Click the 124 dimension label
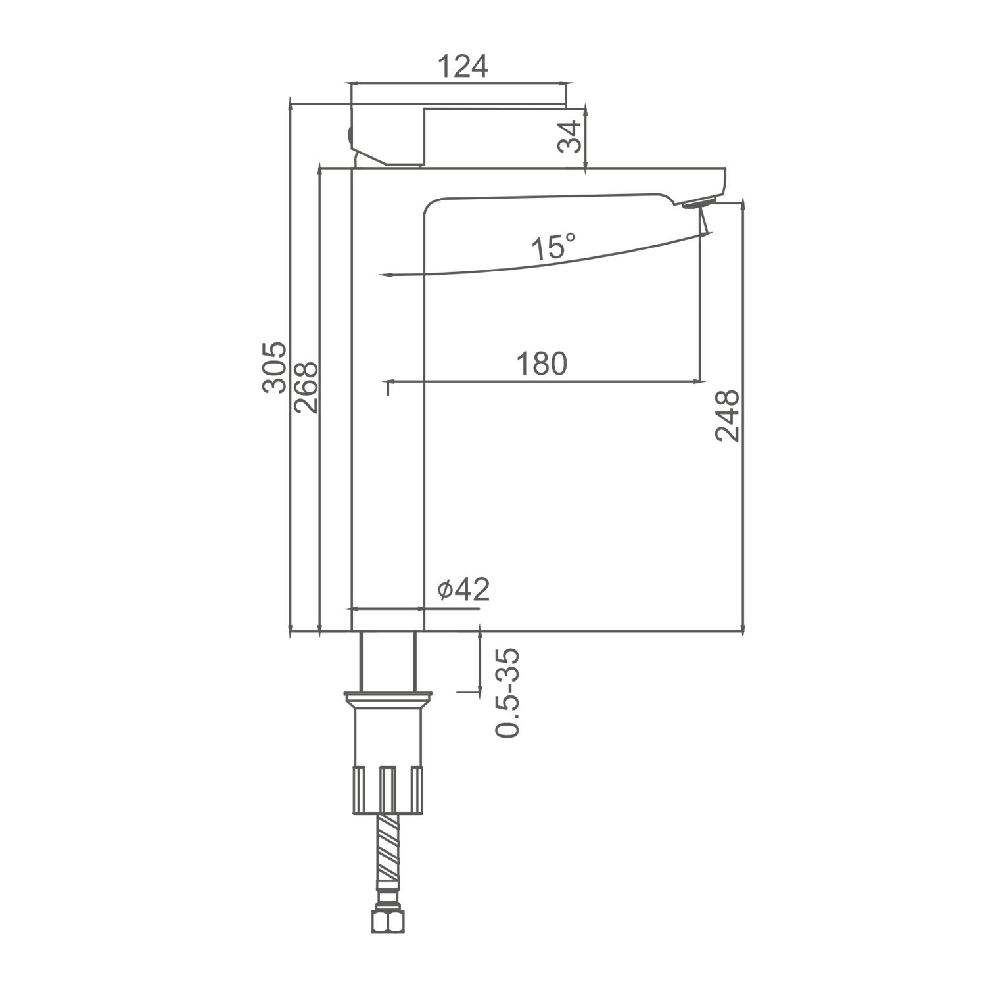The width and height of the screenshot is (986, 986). [x=463, y=66]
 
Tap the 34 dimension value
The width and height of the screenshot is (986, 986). [x=570, y=137]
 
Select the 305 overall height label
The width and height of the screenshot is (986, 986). [x=274, y=367]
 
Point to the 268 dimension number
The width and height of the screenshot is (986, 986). [x=306, y=387]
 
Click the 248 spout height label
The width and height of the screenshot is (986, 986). [x=728, y=415]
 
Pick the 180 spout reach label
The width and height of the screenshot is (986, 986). [x=541, y=364]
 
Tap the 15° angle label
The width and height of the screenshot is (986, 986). [x=553, y=247]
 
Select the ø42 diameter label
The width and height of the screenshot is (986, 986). [x=464, y=590]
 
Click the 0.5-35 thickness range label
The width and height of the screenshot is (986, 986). [x=508, y=693]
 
